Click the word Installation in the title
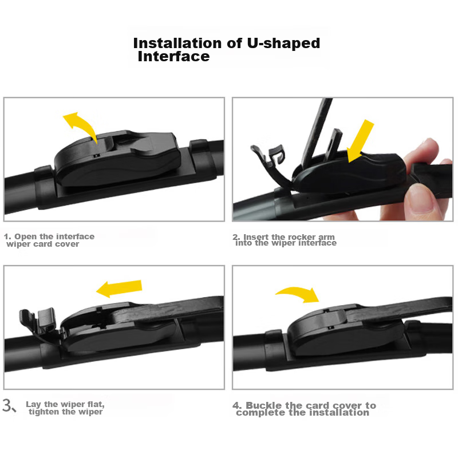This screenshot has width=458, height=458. (177, 44)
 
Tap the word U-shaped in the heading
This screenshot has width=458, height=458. (283, 44)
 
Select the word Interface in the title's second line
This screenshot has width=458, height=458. (174, 56)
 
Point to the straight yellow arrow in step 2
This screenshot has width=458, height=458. (360, 141)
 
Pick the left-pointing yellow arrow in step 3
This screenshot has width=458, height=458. (119, 289)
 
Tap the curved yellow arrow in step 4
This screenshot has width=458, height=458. (298, 294)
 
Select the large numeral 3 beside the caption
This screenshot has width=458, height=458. (7, 405)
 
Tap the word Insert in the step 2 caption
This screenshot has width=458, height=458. (256, 237)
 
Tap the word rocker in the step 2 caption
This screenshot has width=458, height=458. (300, 237)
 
